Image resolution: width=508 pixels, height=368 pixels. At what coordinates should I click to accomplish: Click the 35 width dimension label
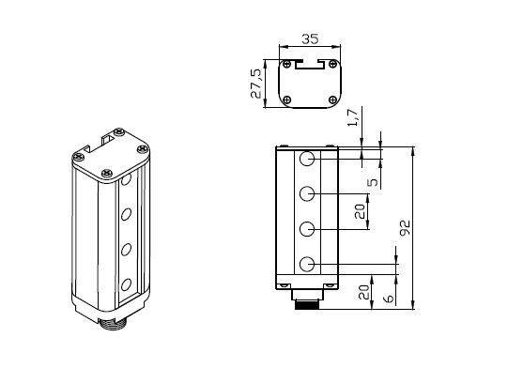pos(310,38)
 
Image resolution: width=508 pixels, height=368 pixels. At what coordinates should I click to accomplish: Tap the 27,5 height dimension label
pos(255,84)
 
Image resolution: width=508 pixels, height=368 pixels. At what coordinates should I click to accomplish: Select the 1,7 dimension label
pos(353,117)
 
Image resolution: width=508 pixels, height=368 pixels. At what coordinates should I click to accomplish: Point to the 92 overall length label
pos(405,228)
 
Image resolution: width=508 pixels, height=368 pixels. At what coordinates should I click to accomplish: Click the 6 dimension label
pos(389,298)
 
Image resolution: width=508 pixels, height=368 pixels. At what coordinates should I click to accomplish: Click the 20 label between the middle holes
pos(360,211)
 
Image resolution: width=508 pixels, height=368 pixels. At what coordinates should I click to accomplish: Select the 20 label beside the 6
pos(363,292)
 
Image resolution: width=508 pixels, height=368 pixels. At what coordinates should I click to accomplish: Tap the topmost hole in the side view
pos(306,159)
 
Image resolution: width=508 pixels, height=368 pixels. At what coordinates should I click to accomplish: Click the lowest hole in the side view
pos(306,265)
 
